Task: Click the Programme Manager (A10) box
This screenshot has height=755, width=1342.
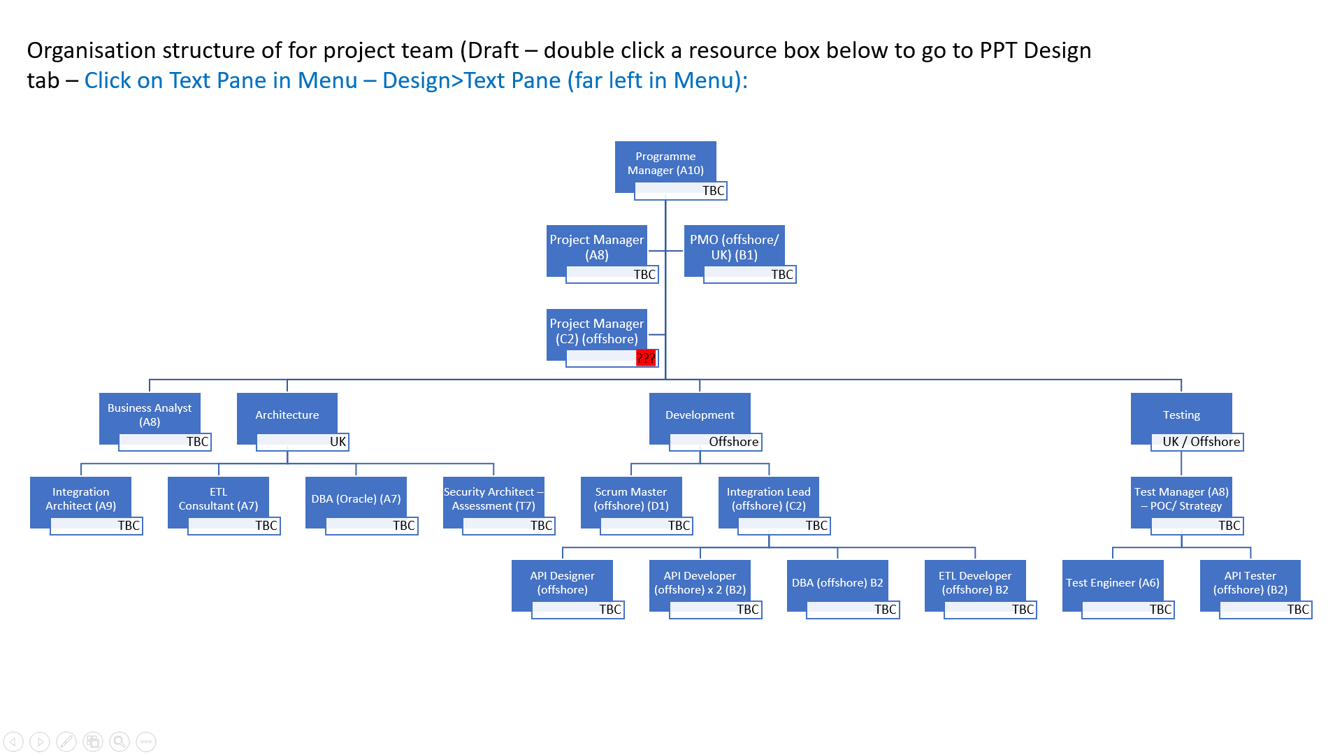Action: [x=665, y=164]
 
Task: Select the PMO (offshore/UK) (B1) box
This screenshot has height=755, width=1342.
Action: [x=734, y=247]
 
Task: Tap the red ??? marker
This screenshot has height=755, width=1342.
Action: [x=646, y=359]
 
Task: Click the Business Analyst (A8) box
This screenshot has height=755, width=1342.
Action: [x=150, y=415]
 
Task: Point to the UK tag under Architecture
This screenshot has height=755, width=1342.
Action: [x=338, y=442]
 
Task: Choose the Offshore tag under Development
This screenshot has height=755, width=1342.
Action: [x=733, y=442]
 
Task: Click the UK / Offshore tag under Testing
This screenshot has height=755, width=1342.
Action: [x=1201, y=442]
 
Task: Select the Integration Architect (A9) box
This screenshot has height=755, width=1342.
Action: [x=80, y=499]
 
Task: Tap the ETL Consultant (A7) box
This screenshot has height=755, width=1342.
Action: [x=218, y=499]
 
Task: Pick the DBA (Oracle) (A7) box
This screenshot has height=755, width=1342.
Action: [x=356, y=499]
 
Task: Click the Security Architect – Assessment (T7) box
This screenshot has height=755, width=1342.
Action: [x=493, y=499]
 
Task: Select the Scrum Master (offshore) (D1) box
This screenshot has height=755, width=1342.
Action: [x=631, y=499]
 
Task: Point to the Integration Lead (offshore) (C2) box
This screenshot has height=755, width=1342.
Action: [x=768, y=499]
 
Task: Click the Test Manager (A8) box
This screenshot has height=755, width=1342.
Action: [x=1181, y=499]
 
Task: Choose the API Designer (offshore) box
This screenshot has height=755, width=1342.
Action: [x=562, y=583]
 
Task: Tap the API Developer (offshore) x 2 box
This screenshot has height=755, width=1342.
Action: [x=700, y=583]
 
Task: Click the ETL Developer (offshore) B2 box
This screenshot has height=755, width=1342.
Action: [x=975, y=583]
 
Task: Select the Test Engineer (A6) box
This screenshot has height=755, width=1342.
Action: [x=1113, y=583]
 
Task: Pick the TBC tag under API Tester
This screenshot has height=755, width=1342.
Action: [x=1297, y=610]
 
